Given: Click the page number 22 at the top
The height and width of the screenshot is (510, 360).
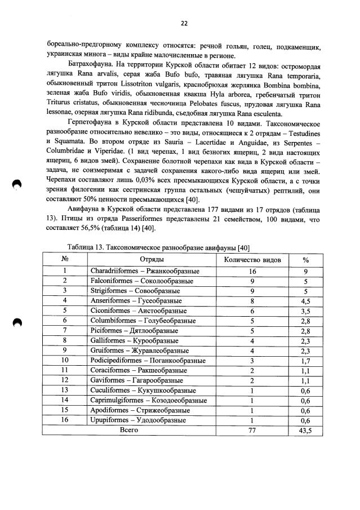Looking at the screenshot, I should tap(184, 23).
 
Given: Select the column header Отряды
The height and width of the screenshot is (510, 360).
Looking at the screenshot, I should tap(152, 260).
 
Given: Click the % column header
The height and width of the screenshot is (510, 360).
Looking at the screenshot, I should tap(306, 260).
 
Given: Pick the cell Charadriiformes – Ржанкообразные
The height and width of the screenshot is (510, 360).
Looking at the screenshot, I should tap(137, 270).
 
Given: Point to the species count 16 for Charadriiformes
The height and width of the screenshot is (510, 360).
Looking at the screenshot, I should tap(252, 270).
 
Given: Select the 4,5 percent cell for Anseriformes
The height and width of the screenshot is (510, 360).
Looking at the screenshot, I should tap(306, 301).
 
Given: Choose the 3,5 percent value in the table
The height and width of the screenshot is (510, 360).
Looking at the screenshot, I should tap(306, 311).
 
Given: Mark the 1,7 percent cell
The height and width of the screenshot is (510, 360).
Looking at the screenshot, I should tap(306, 360).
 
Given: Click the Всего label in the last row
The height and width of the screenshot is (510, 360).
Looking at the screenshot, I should tap(129, 429).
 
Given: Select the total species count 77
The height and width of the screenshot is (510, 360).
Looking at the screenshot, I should tap(252, 429).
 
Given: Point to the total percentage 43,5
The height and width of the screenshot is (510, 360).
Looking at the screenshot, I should tap(306, 429).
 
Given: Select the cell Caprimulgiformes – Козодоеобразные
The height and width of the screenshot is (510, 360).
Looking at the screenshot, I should tap(148, 400).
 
